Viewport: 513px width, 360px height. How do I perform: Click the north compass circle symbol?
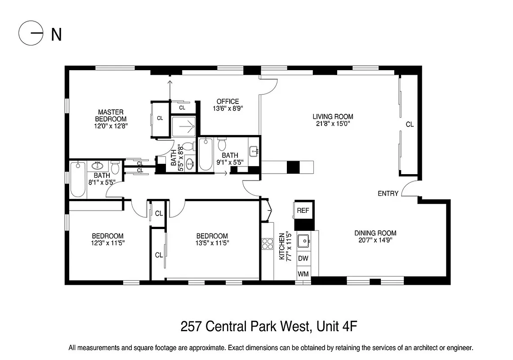point(31,34)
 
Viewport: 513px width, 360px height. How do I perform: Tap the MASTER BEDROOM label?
point(111,119)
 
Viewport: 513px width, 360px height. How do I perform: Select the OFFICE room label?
point(228,101)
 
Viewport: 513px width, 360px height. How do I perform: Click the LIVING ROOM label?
point(333,117)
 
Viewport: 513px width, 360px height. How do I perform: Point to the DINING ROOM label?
point(375,233)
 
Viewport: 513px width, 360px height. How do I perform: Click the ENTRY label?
point(388,193)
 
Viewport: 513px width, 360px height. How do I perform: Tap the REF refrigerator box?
point(303,210)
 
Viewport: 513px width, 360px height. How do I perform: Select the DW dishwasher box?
point(303,258)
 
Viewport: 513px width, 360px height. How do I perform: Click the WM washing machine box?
point(303,273)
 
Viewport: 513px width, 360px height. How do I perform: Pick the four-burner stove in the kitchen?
point(268,243)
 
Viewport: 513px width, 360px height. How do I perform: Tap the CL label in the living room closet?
point(409,125)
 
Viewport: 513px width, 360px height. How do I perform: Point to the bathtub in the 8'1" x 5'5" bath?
point(78,179)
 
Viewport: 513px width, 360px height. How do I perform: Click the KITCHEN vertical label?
point(282,247)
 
